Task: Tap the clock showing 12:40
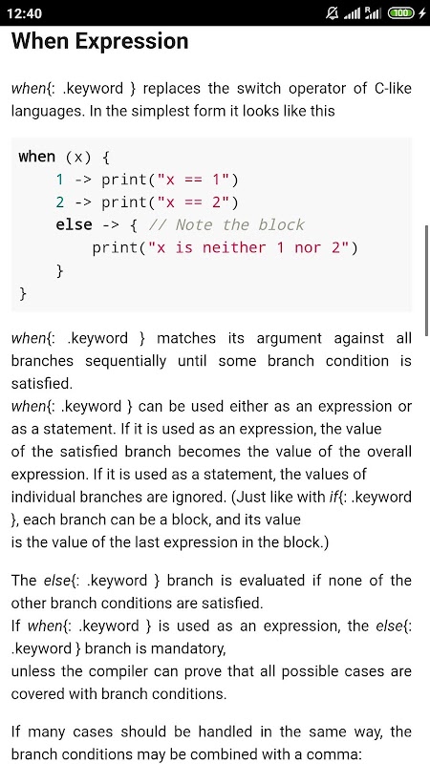pos(25,13)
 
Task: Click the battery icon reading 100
pos(400,13)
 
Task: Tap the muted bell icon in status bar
pos(332,13)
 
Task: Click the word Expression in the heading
pos(132,41)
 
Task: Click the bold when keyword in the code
pos(37,157)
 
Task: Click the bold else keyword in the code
pos(75,224)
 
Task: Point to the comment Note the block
pos(226,224)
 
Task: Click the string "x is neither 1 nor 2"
pos(248,248)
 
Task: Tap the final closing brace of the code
pos(23,294)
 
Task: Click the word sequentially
pos(125,361)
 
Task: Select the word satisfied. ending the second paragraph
pos(41,384)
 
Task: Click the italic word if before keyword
pos(333,497)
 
